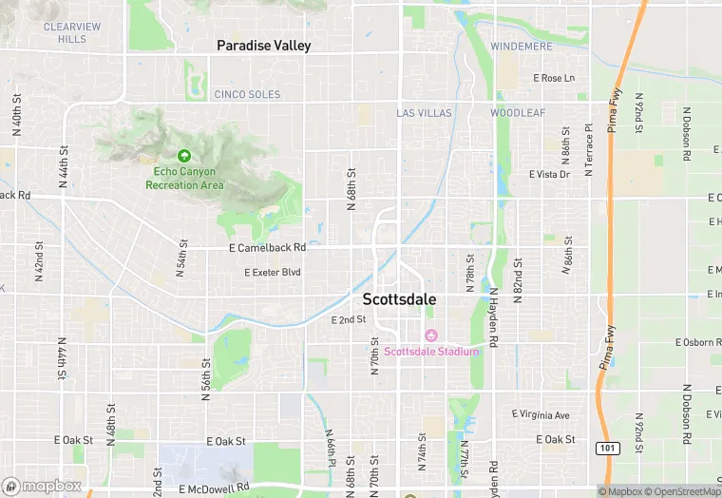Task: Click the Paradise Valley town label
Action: [x=263, y=46]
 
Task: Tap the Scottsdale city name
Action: [x=400, y=299]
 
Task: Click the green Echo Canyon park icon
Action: [x=184, y=155]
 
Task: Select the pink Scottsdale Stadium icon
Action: [x=429, y=335]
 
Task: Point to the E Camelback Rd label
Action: [x=267, y=248]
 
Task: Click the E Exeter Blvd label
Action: [x=272, y=273]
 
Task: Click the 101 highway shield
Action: [x=607, y=448]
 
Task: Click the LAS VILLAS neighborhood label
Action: [x=424, y=113]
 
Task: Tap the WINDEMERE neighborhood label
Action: [x=520, y=47]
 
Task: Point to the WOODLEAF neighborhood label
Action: [x=518, y=113]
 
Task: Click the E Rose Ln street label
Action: [x=554, y=78]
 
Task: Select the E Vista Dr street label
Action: [x=549, y=175]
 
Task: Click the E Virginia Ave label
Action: [x=541, y=415]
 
